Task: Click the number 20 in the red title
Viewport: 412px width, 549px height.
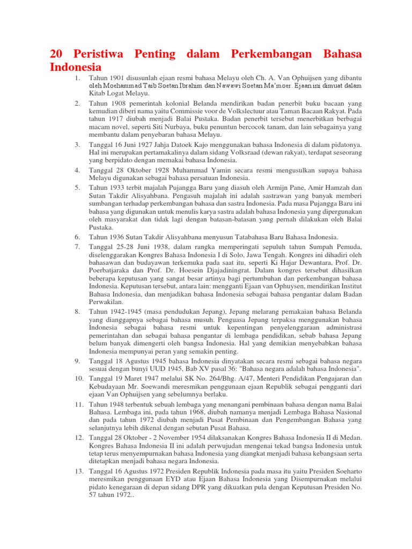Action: tap(56, 54)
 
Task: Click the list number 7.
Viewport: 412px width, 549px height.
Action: tap(77, 246)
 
